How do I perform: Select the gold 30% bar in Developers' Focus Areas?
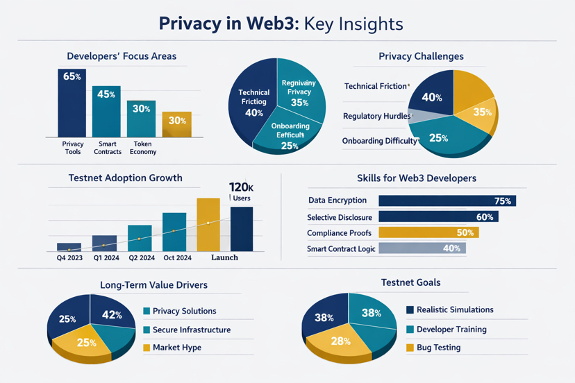tap(176, 124)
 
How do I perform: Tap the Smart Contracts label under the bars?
tap(107, 148)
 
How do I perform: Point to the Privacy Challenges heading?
tap(421, 56)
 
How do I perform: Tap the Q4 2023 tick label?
tap(69, 257)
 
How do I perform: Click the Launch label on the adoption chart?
tap(224, 257)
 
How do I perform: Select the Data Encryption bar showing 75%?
tap(447, 201)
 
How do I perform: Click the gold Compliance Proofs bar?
tap(428, 232)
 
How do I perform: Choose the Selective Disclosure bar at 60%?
tap(437, 217)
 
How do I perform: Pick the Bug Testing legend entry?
tap(438, 348)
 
